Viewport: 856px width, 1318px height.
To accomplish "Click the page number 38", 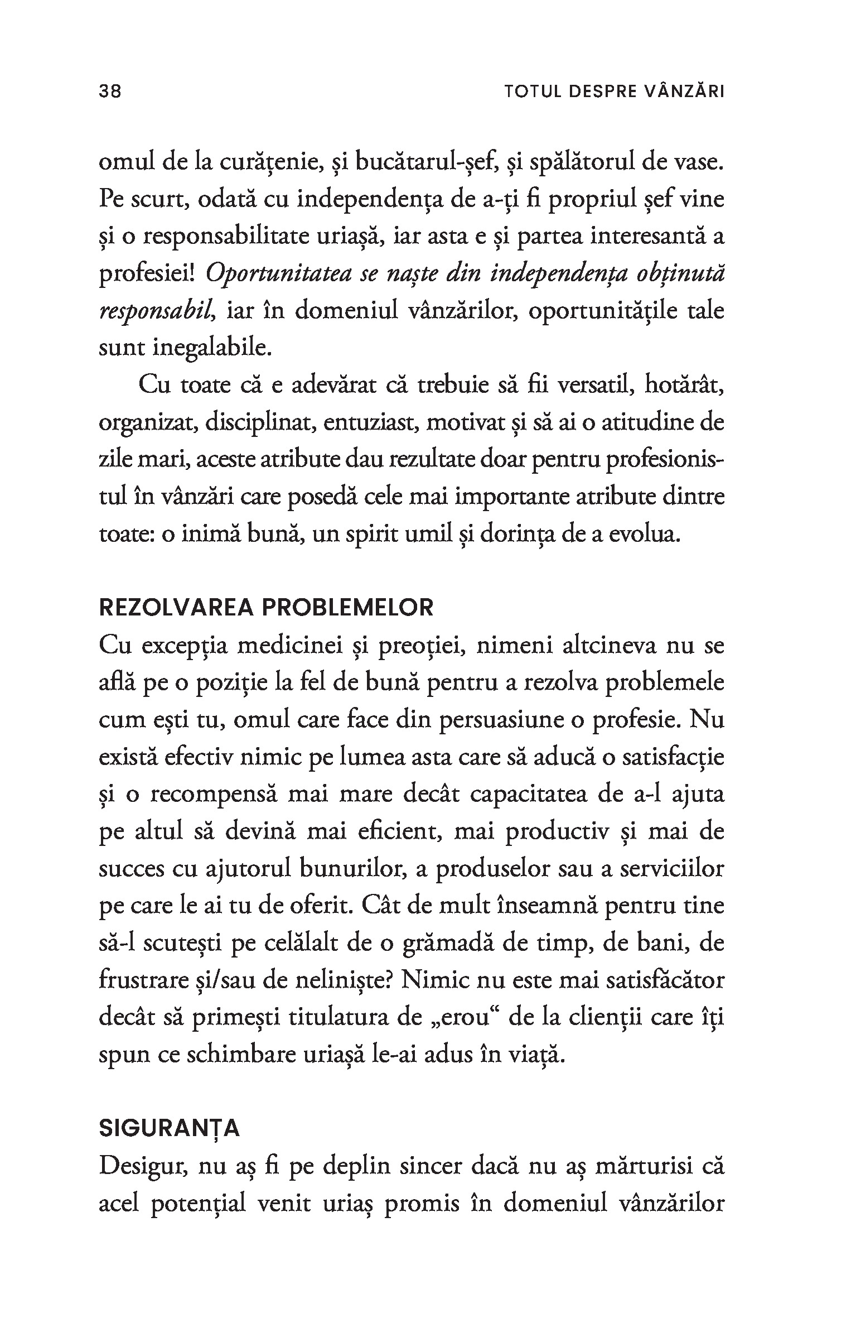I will [x=110, y=91].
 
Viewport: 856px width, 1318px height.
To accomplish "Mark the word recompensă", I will [x=214, y=795].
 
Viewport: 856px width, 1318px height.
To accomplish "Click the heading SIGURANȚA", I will [x=170, y=1128].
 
